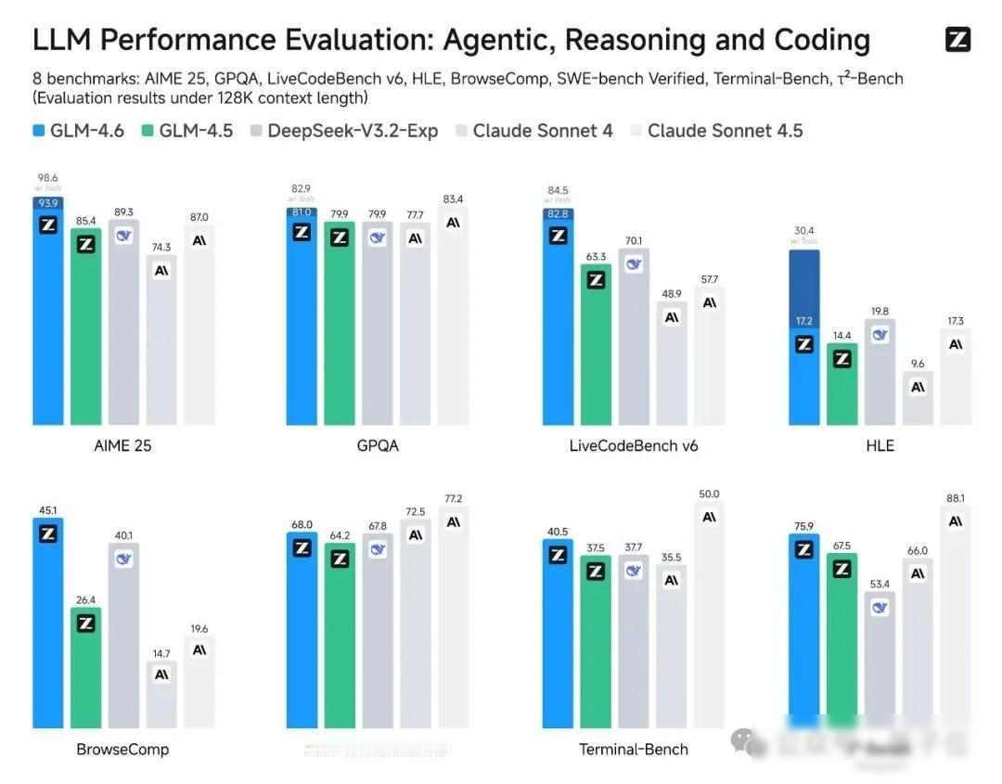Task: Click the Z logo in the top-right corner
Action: point(957,40)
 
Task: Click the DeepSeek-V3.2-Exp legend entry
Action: point(343,131)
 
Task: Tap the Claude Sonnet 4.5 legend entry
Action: point(715,131)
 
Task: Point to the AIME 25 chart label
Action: point(122,445)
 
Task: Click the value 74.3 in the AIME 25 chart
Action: point(161,247)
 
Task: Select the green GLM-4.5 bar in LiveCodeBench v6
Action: point(596,353)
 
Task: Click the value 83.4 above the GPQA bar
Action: point(453,199)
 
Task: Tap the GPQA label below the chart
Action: point(378,445)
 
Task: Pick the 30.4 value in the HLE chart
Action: point(803,231)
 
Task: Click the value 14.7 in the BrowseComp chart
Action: point(161,653)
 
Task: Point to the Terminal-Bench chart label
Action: point(634,749)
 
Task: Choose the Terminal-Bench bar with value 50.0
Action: point(710,622)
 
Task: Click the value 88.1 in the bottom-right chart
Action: point(956,497)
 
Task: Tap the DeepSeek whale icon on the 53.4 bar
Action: point(880,608)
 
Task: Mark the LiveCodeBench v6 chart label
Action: point(634,445)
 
